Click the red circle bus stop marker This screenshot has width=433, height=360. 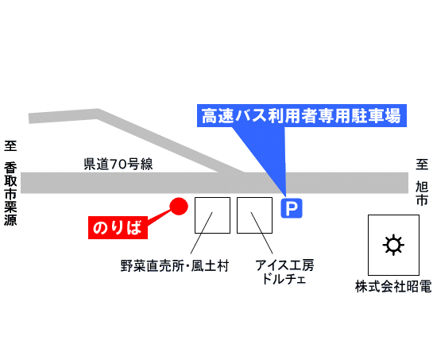point(179,206)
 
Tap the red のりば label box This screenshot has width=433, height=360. point(118,227)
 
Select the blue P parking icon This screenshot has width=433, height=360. point(292,208)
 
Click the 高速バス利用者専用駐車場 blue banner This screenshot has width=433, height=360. point(302,116)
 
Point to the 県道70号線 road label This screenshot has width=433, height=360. point(118,165)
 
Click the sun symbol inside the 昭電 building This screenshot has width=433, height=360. point(393,245)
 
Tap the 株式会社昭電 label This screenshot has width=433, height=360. point(393,286)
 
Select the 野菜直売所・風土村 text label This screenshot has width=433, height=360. point(175,265)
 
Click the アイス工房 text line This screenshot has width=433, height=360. point(284,265)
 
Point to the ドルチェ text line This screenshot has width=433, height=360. point(284,278)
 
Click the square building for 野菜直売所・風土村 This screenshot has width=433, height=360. point(212,215)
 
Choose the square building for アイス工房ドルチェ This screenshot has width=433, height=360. point(254,215)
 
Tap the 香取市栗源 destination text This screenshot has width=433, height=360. point(10,193)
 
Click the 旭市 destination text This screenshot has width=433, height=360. point(422,193)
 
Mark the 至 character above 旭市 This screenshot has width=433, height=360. point(422,165)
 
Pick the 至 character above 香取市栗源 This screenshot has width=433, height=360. point(10,145)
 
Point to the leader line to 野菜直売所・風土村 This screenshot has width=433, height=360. point(201,233)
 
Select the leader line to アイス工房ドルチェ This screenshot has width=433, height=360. point(262,233)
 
